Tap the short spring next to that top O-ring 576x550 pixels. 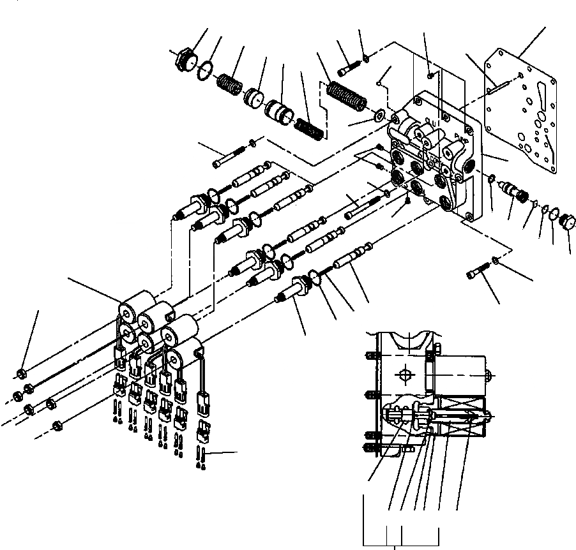click(228, 84)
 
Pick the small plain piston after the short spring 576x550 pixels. click(255, 98)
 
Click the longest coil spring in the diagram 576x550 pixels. click(346, 96)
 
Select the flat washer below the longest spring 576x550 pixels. click(379, 114)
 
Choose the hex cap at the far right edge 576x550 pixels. click(567, 224)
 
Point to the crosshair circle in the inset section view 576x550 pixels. click(404, 373)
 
